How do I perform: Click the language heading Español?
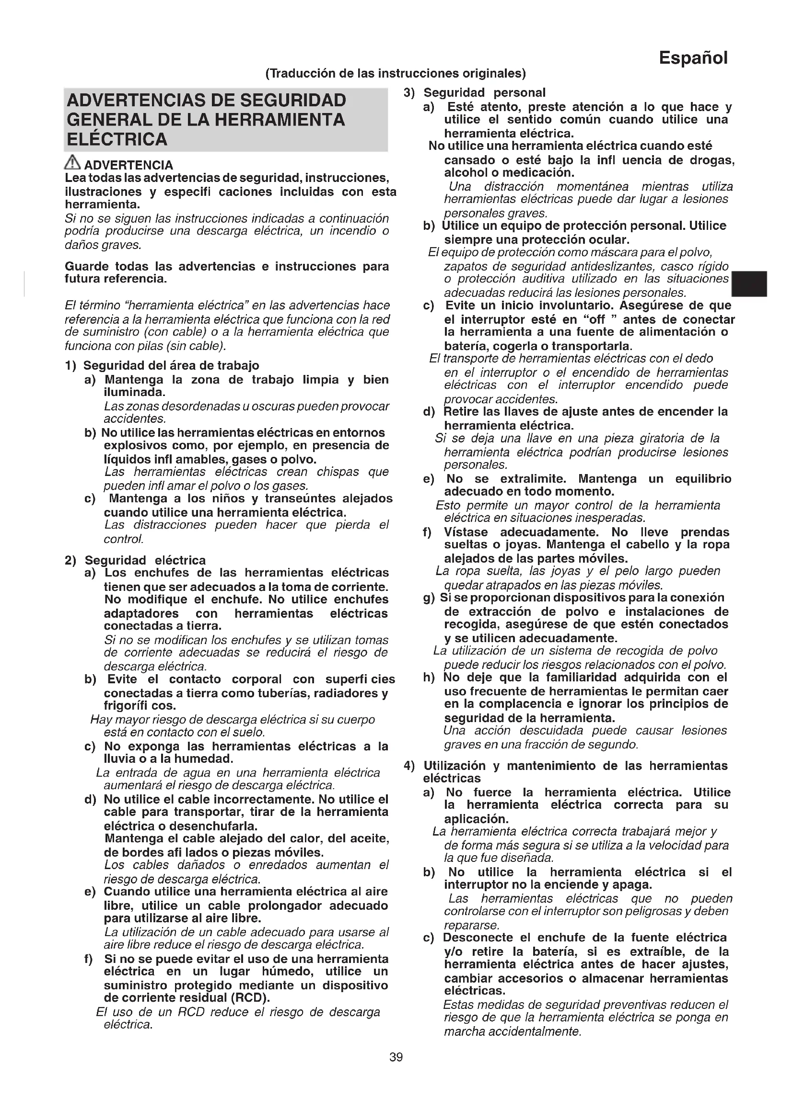(693, 58)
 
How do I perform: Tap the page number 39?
(396, 1057)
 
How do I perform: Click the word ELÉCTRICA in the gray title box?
(117, 139)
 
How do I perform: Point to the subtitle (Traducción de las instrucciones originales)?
(396, 73)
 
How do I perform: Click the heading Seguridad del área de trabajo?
(171, 365)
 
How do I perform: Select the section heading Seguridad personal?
(484, 93)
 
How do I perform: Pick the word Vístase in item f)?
(466, 532)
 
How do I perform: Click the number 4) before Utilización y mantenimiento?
(409, 766)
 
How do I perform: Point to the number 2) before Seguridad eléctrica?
(71, 560)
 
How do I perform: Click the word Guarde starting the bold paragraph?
(87, 266)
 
